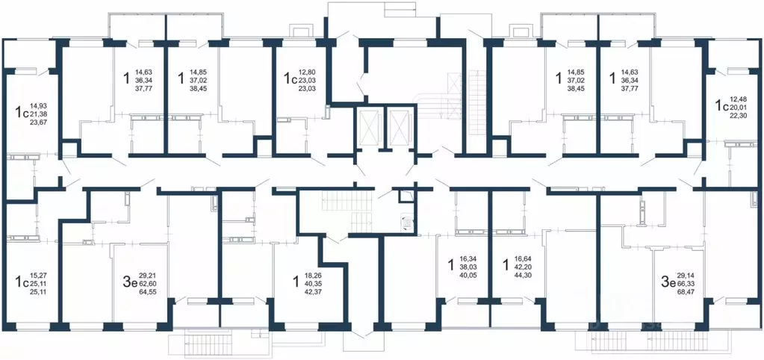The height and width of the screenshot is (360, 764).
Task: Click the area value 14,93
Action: [x=38, y=105]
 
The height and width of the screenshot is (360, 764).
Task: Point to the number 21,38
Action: [x=38, y=114]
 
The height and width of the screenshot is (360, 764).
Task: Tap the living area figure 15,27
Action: [x=38, y=276]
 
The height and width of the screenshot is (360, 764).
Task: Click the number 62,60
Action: [x=146, y=284]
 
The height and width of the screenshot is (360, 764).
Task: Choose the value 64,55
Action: [x=146, y=292]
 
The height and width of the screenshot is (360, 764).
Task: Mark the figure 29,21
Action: [x=146, y=276]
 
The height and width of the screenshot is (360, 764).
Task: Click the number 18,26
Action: [x=314, y=276]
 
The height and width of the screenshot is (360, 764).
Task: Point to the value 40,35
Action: [x=314, y=284]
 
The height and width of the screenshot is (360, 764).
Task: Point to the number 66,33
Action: [x=685, y=284]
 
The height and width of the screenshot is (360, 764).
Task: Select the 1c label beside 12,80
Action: [x=290, y=79]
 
